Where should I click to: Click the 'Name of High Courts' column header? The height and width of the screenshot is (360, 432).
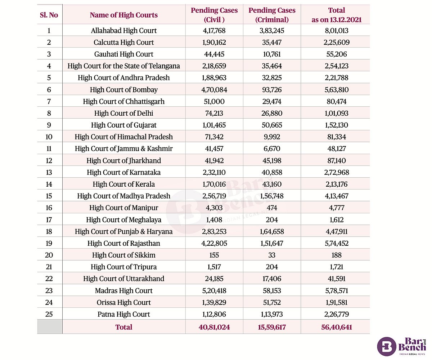pyautogui.click(x=123, y=15)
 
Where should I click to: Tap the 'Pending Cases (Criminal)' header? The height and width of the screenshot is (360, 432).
pyautogui.click(x=272, y=15)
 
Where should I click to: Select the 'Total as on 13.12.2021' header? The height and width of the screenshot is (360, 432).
pyautogui.click(x=336, y=15)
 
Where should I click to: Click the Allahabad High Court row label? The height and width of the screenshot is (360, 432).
pyautogui.click(x=123, y=31)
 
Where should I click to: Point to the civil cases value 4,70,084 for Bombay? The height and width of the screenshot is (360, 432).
pyautogui.click(x=214, y=90)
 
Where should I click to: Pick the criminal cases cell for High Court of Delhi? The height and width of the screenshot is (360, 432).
pyautogui.click(x=272, y=113)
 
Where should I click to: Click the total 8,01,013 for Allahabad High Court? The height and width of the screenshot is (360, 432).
pyautogui.click(x=336, y=31)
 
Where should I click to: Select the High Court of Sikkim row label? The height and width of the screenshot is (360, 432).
pyautogui.click(x=123, y=255)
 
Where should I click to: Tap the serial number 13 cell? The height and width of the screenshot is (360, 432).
pyautogui.click(x=49, y=172)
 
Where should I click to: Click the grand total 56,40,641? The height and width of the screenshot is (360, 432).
pyautogui.click(x=336, y=327)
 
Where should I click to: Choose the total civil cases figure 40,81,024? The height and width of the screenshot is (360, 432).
pyautogui.click(x=214, y=327)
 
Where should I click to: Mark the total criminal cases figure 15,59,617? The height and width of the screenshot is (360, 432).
pyautogui.click(x=272, y=327)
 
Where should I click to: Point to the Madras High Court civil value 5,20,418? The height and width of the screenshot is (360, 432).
pyautogui.click(x=214, y=290)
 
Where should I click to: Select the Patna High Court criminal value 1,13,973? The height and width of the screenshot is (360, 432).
pyautogui.click(x=272, y=314)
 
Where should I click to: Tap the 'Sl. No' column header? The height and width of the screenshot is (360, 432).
pyautogui.click(x=49, y=15)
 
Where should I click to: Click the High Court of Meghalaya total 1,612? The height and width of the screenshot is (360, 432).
pyautogui.click(x=336, y=220)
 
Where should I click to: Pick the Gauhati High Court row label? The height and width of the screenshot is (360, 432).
pyautogui.click(x=123, y=54)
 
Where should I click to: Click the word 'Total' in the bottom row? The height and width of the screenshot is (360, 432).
pyautogui.click(x=123, y=327)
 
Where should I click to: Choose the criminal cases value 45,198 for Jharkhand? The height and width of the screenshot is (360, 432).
pyautogui.click(x=272, y=161)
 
